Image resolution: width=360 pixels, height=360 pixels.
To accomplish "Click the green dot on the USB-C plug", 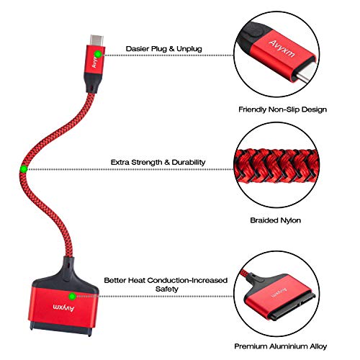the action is point(98,55).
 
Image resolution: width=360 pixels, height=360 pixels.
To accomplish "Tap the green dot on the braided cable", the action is point(24,169).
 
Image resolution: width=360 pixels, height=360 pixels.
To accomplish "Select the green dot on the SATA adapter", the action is point(72,297).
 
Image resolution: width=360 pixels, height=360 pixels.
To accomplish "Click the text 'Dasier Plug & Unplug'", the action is point(164,49).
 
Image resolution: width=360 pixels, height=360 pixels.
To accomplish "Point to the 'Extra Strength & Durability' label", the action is point(158,162).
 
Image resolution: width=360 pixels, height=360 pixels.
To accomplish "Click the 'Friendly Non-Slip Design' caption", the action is point(282,109).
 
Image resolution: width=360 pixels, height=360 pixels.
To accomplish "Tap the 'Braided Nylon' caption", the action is point(276,220).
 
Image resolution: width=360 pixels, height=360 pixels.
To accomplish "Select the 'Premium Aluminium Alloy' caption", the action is point(281,346).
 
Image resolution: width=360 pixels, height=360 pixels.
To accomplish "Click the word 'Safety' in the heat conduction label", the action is point(167,289).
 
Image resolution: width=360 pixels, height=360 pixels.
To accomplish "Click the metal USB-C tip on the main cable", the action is point(96,40).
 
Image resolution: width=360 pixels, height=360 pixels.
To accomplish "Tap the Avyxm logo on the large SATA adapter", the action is point(63,307).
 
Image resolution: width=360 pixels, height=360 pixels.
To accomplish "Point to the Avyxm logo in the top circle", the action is point(282,49).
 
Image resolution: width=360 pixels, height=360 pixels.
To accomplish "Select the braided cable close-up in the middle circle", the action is point(276,166).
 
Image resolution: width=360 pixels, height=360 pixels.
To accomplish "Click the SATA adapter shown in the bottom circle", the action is point(279,297).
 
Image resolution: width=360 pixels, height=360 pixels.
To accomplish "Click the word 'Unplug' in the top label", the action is point(189,49).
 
